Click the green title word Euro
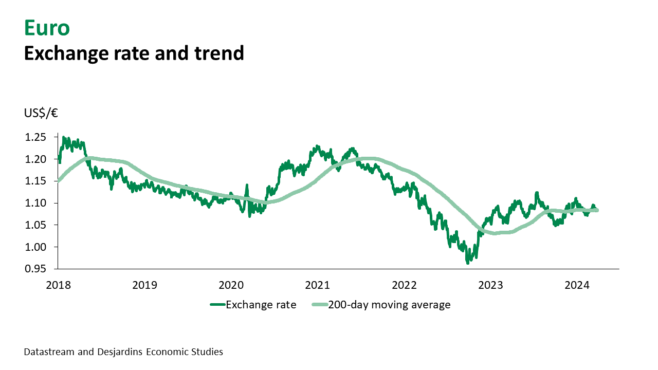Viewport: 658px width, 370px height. tap(47, 28)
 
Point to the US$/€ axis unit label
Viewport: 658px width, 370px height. tap(41, 113)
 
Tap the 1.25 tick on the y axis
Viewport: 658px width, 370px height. tap(36, 137)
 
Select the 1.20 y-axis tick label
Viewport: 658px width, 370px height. tap(36, 159)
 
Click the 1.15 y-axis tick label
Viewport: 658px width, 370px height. tap(36, 181)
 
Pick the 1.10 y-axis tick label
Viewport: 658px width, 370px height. tap(36, 203)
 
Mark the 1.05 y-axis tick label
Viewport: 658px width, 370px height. tap(36, 225)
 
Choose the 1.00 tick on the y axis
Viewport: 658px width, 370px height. tap(36, 247)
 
